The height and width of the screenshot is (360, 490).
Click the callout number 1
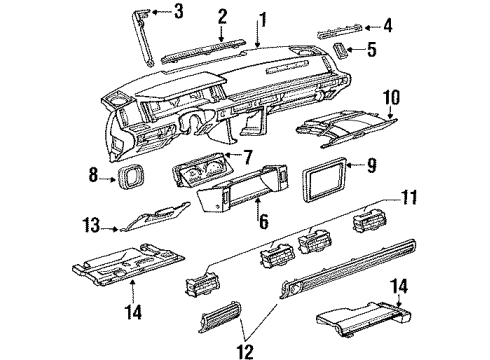pos(262,17)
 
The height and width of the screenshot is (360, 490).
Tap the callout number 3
pos(178,12)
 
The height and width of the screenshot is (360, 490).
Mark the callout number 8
pos(94,177)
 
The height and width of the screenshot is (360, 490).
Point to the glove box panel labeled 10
pos(346,125)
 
